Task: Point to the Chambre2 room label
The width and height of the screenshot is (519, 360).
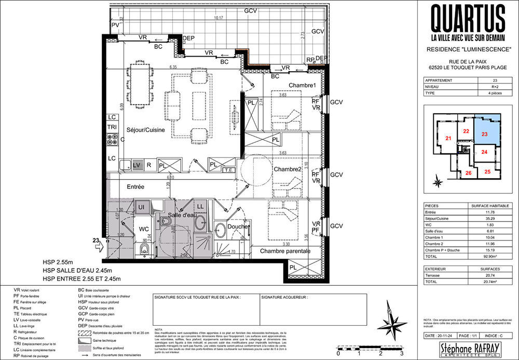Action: tap(288, 169)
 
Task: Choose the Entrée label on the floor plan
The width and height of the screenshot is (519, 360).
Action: tap(136, 186)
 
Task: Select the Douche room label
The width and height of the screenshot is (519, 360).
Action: tap(238, 227)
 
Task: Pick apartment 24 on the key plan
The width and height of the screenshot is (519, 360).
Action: tap(484, 152)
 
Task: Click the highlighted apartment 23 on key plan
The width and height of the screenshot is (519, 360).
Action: tap(485, 134)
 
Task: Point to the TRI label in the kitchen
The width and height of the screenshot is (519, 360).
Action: tap(112, 127)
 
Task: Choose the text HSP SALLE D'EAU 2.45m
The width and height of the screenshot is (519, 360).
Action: tap(78, 271)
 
